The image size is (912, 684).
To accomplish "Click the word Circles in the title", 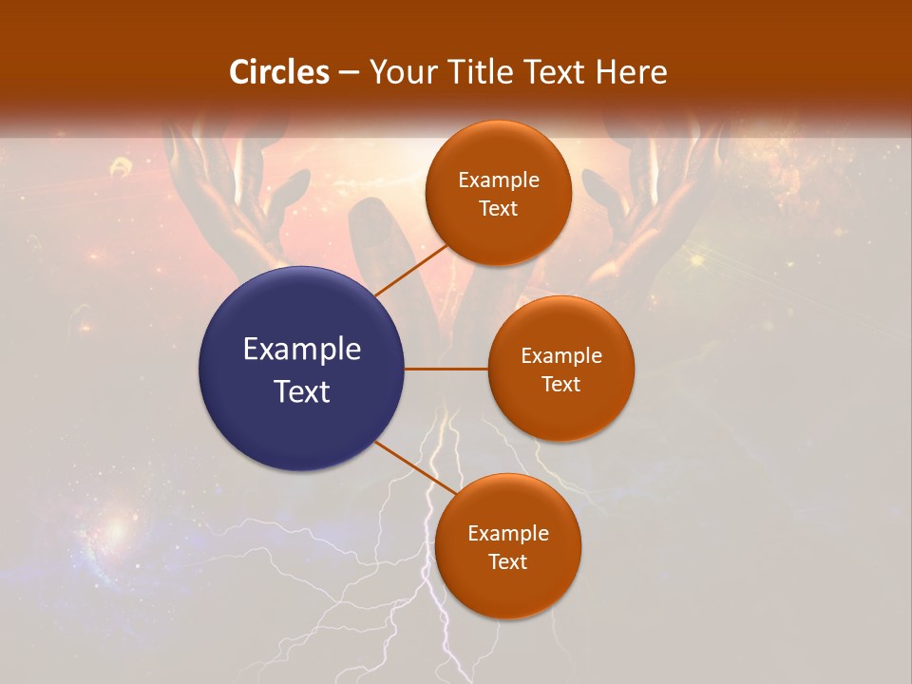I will (279, 72).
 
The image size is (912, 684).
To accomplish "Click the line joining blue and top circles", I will (411, 269).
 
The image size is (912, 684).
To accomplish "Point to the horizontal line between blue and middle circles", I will (446, 369).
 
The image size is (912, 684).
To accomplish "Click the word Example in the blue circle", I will (302, 350).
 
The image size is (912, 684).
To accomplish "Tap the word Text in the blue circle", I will (302, 391).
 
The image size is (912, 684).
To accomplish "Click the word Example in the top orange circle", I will (499, 180).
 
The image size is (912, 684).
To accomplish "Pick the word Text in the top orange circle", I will (498, 209).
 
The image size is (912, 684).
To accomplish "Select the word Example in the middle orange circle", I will (561, 356).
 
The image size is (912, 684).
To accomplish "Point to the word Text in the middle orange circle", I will (560, 385).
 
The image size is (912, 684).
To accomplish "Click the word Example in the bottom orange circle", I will (508, 534).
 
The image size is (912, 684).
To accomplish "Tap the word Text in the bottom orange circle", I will (507, 562).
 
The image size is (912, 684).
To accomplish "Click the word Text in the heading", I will (557, 72).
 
